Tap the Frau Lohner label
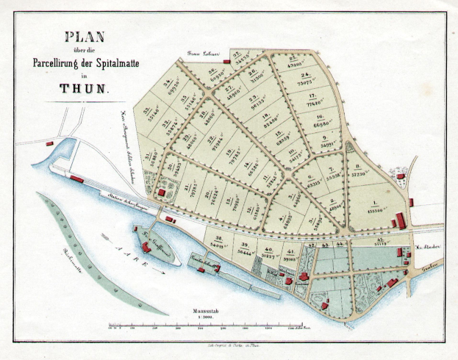tap(204, 54)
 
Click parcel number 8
tap(358, 170)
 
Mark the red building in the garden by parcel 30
tap(161, 192)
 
